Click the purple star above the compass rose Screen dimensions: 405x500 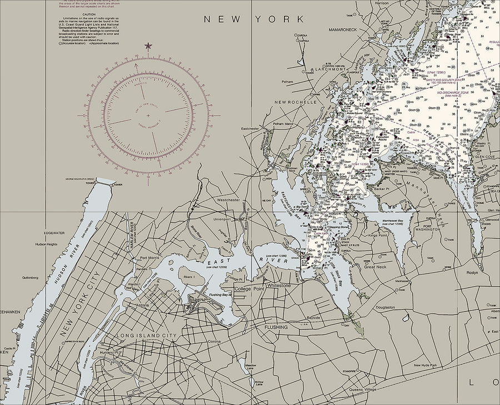(x=148, y=46)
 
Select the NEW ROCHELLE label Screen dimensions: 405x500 (x=294, y=102)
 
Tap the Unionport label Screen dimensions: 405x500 (x=222, y=218)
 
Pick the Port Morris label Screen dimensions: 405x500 (x=150, y=258)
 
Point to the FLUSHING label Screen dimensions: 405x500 (x=276, y=327)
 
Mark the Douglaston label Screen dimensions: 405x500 (x=384, y=307)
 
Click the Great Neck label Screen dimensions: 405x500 (x=374, y=267)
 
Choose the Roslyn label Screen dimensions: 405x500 (x=472, y=273)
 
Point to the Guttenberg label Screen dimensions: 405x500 (x=29, y=277)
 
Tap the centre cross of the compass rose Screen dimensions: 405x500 (x=148, y=116)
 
